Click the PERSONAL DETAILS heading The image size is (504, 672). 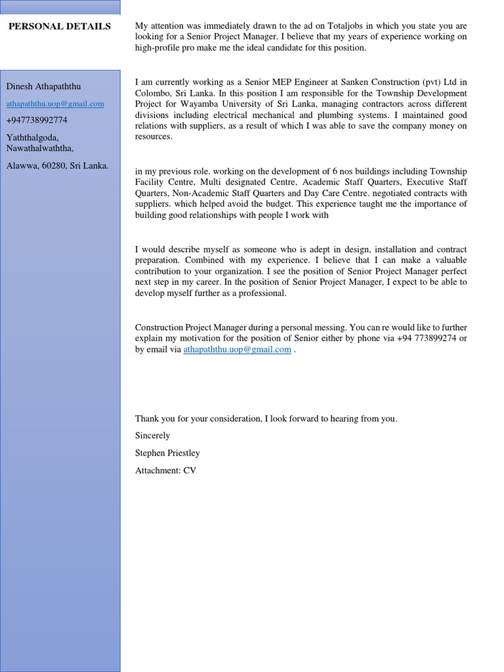tap(60, 26)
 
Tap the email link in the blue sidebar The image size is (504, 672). tap(55, 104)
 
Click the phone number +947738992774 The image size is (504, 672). tap(37, 120)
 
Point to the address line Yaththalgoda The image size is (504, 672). tap(31, 137)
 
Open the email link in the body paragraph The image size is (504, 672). tap(237, 350)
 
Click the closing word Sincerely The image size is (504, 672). tap(152, 436)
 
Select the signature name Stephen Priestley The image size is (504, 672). tap(167, 453)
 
